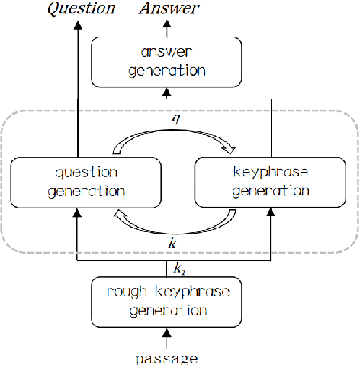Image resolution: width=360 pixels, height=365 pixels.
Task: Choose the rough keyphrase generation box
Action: [x=166, y=301]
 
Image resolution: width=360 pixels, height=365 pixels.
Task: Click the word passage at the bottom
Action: [x=166, y=357]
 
